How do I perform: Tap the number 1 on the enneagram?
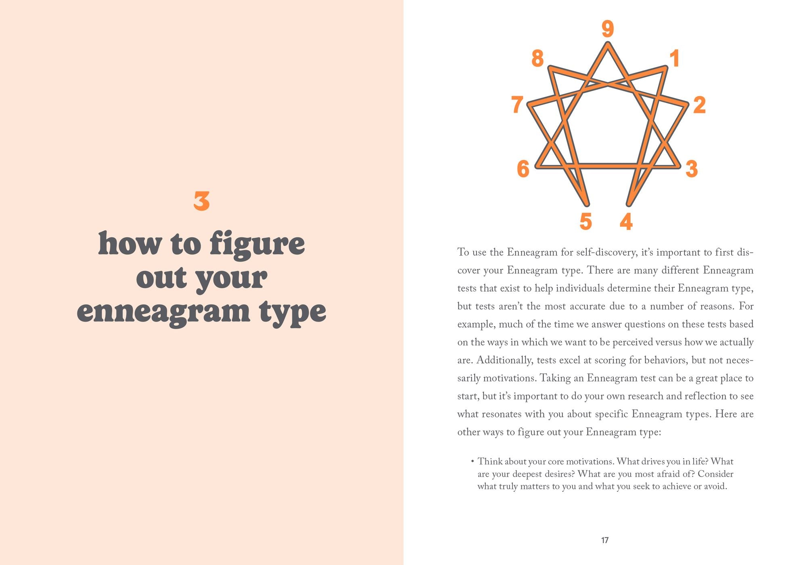pyautogui.click(x=675, y=58)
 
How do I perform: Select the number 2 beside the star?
pyautogui.click(x=700, y=105)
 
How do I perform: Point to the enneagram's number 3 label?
pyautogui.click(x=692, y=169)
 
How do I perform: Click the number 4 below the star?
pyautogui.click(x=626, y=222)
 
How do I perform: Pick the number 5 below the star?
pyautogui.click(x=585, y=222)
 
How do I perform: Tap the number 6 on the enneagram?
pyautogui.click(x=523, y=169)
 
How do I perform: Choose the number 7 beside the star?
pyautogui.click(x=517, y=105)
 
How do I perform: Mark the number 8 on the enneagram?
pyautogui.click(x=537, y=59)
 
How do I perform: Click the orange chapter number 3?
pyautogui.click(x=201, y=201)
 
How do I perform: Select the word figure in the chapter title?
pyautogui.click(x=257, y=244)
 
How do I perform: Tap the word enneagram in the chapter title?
pyautogui.click(x=163, y=312)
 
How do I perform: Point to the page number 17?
pyautogui.click(x=605, y=540)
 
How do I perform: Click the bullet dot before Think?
pyautogui.click(x=472, y=461)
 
